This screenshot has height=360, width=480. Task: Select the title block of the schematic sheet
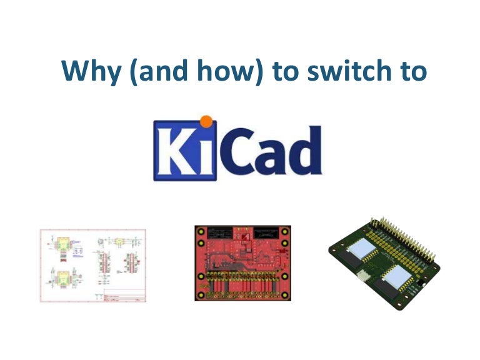click(124, 296)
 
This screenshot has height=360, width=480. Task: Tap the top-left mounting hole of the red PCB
click(201, 232)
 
